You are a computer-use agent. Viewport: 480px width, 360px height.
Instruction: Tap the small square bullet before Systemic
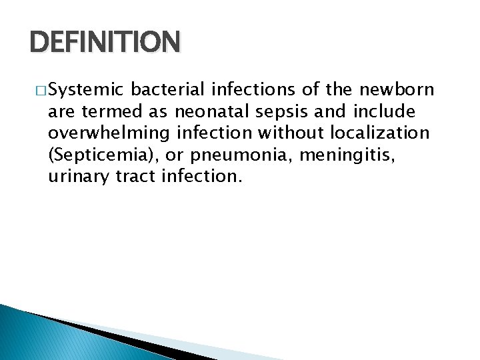tap(42, 90)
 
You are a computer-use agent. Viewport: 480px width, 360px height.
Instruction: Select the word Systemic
tap(86, 89)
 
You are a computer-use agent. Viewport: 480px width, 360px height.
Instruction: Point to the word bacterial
tap(170, 89)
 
